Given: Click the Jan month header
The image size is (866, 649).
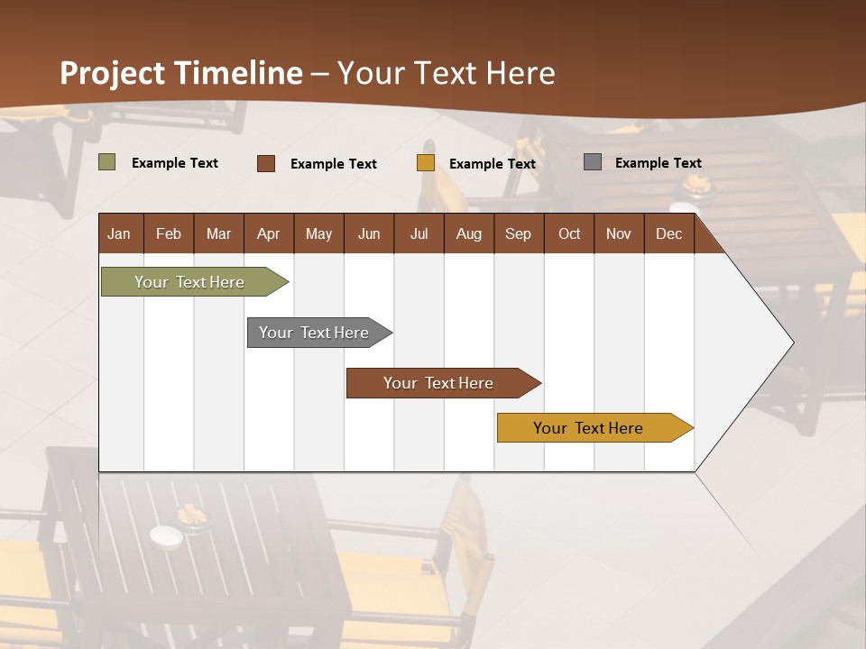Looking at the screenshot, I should tap(119, 233).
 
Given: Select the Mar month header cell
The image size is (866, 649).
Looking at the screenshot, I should tap(218, 233).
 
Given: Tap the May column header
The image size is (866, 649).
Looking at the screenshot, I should tap(318, 233).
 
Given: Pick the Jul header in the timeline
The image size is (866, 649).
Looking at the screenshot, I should tap(419, 233).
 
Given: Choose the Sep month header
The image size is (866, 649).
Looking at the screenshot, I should tap(518, 233).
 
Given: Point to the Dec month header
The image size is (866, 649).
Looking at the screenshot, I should tap(668, 233).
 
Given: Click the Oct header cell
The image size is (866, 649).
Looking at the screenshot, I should tap(569, 233).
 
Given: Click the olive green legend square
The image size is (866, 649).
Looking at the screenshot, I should tap(107, 162).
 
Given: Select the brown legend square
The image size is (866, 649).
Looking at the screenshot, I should tap(266, 163).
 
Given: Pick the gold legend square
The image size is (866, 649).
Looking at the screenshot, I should tap(426, 163).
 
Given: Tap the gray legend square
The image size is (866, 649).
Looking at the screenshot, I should tap(593, 162).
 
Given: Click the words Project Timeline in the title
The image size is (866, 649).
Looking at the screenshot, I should tap(181, 73).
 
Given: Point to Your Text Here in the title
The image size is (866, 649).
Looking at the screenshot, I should tap(447, 73).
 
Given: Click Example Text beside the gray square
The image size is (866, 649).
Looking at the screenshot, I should tap(658, 163).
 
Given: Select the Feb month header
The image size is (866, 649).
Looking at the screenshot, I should tap(169, 233).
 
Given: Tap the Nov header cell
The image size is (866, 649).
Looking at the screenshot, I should tap(619, 233).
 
